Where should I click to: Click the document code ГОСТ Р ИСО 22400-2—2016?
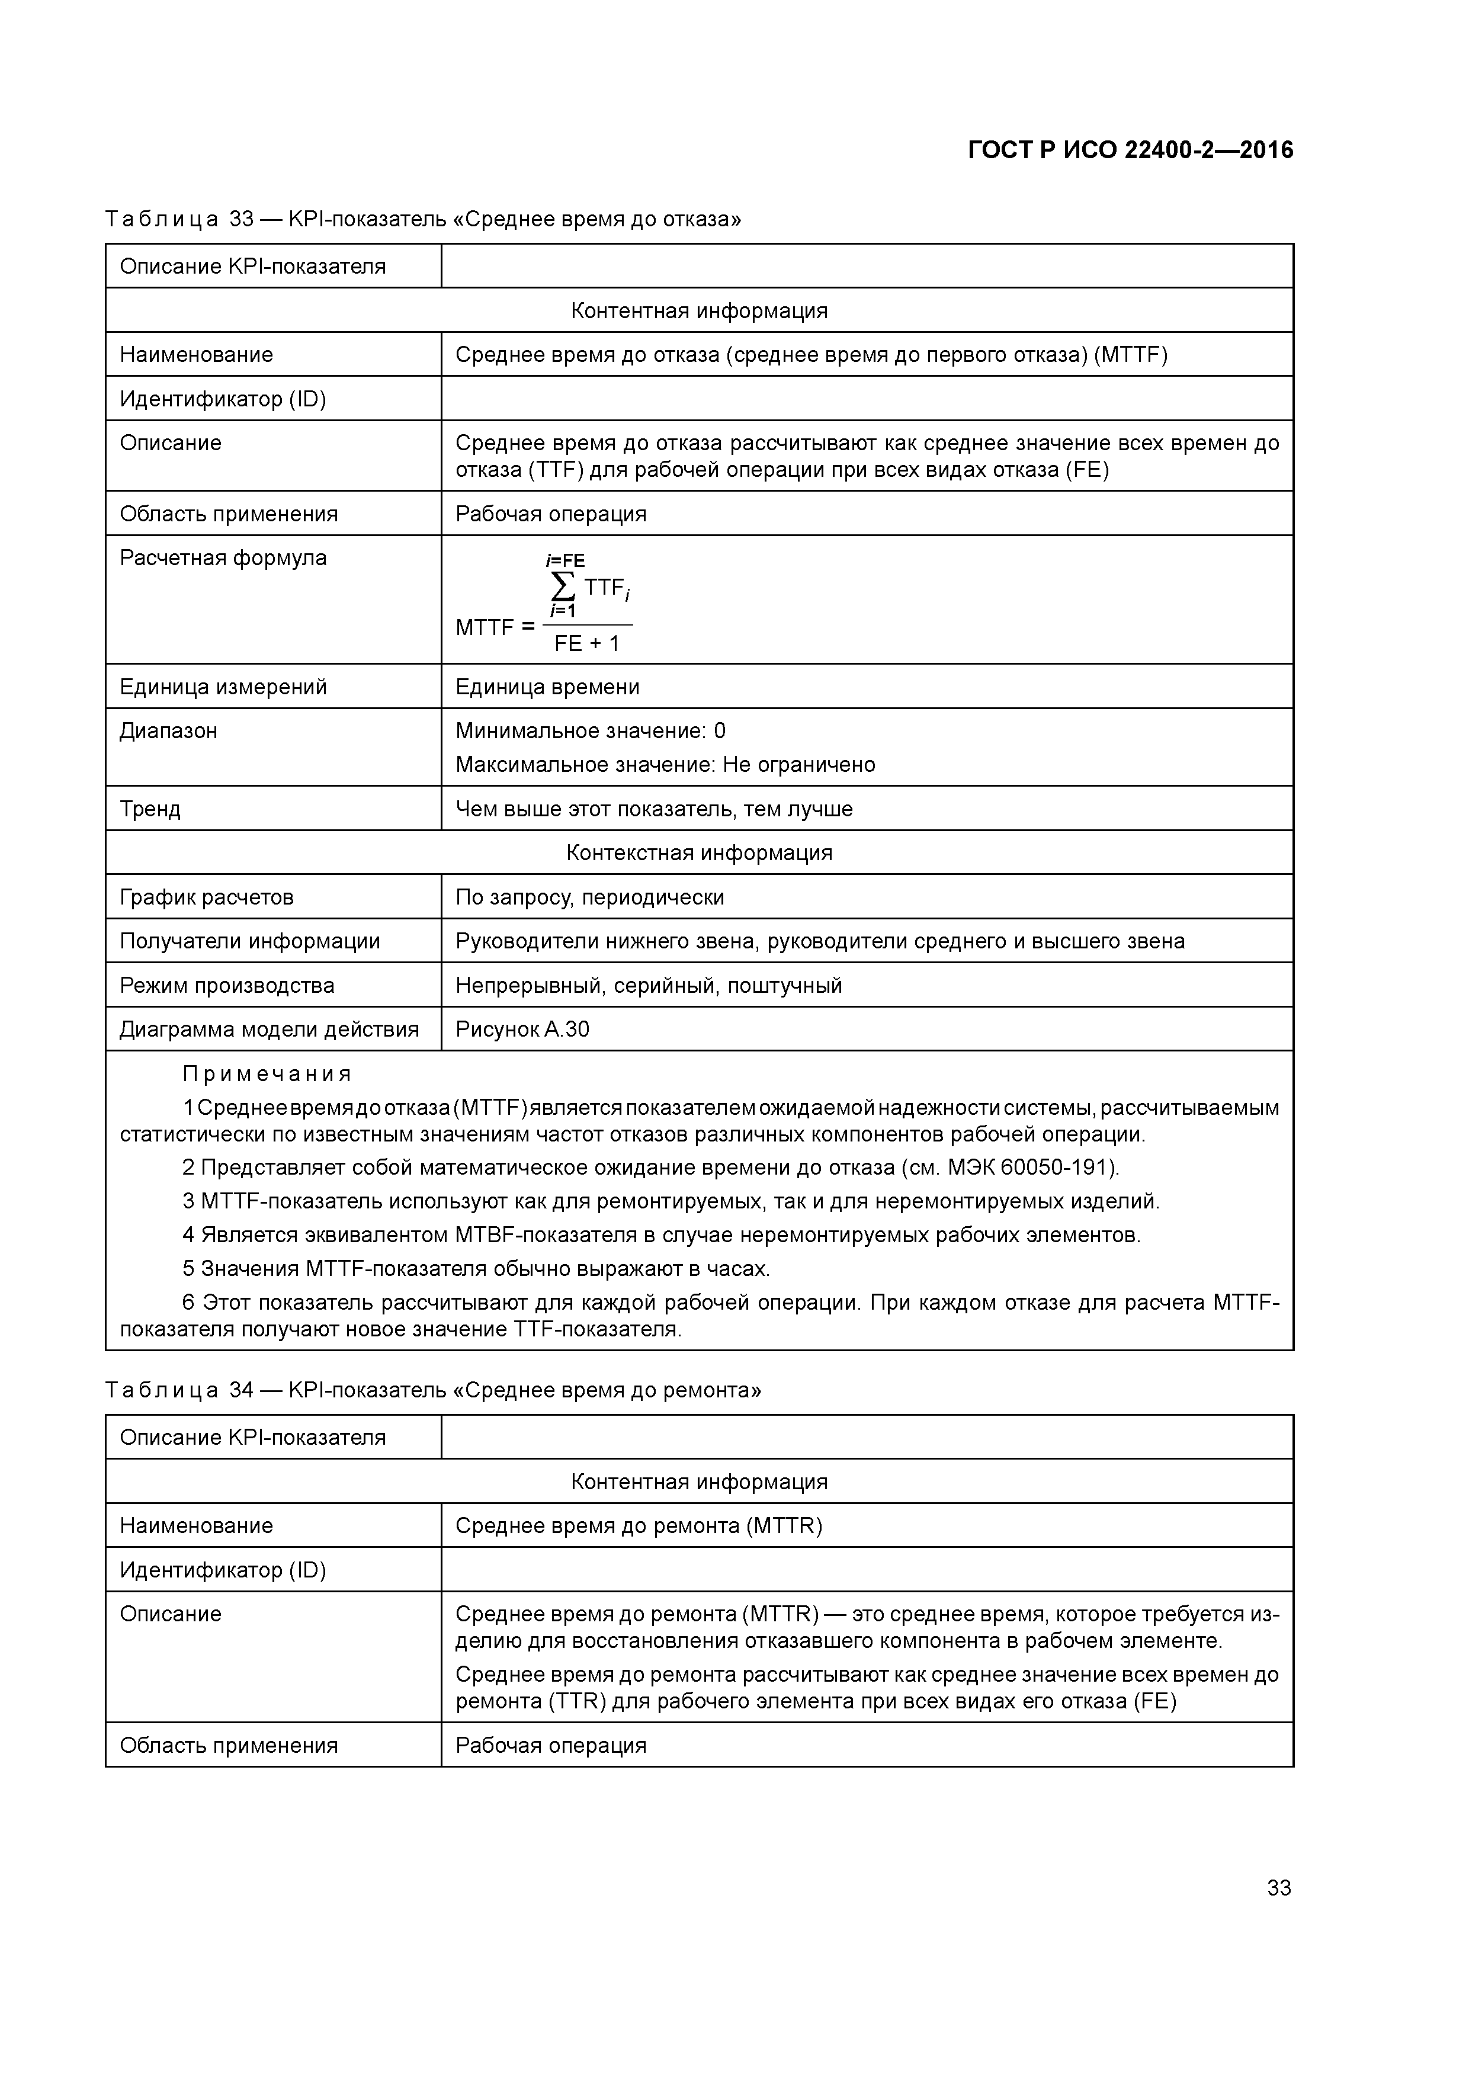tap(1130, 150)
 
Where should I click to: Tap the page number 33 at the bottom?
tap(1278, 1888)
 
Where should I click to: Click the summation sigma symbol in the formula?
tap(562, 586)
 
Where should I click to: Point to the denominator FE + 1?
tap(586, 643)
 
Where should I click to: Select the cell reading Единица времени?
tap(547, 687)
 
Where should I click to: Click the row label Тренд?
tap(150, 809)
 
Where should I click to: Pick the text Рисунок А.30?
tap(522, 1029)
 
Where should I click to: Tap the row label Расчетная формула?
tap(223, 557)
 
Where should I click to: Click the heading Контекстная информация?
tap(699, 852)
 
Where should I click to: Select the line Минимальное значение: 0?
tap(590, 730)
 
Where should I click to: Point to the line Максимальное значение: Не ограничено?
tap(665, 765)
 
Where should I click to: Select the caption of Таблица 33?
tap(423, 219)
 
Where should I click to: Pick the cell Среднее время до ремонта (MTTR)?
tap(638, 1526)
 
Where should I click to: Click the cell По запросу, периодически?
tap(589, 897)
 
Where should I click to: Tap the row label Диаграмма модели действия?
tap(269, 1029)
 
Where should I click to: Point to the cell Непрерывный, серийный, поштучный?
tap(648, 986)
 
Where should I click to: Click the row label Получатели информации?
tap(250, 941)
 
